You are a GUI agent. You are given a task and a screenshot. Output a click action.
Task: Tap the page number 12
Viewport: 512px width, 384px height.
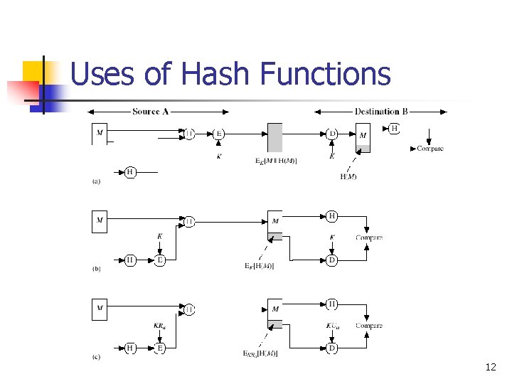(490, 367)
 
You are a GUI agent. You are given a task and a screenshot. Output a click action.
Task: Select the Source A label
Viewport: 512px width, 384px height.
(151, 112)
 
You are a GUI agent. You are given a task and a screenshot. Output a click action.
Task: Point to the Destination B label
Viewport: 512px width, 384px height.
(381, 112)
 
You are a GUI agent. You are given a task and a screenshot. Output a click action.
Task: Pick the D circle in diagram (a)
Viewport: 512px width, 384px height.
(331, 133)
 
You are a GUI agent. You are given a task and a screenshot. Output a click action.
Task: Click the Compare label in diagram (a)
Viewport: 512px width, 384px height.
(430, 149)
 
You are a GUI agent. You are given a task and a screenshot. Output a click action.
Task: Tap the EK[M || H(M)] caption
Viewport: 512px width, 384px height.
(276, 161)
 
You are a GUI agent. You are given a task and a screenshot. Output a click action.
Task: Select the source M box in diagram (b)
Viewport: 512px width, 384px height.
(100, 221)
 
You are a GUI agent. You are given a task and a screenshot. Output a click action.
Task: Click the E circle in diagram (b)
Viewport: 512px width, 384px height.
(160, 260)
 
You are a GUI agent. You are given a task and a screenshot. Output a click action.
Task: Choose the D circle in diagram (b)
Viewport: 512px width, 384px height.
(331, 260)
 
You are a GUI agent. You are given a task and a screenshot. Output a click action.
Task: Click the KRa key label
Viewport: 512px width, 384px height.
(160, 326)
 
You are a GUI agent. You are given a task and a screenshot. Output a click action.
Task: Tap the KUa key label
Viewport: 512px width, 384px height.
(331, 326)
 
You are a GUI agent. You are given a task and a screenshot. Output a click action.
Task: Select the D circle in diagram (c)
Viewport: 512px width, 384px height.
(331, 348)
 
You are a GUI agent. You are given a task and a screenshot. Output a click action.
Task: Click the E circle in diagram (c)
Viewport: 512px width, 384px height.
(160, 348)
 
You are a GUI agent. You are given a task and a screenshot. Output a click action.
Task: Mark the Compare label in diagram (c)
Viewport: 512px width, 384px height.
(369, 326)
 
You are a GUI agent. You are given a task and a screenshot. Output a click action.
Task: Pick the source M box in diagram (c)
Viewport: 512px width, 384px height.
(100, 309)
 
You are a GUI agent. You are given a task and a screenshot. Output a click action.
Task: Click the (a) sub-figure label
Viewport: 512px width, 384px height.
(96, 181)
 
